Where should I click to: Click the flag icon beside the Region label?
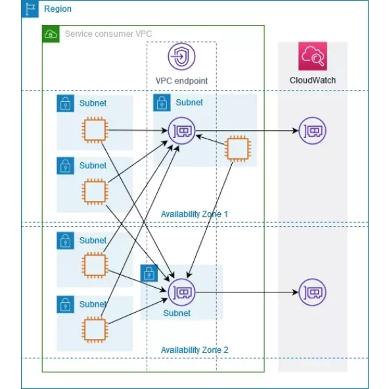30,9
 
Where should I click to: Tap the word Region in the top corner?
57,9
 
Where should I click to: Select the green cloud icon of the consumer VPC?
51,34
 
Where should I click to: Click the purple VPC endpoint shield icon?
181,57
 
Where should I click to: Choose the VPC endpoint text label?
181,81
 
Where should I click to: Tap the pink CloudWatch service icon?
313,57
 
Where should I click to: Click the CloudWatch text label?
313,80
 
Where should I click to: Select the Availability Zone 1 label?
194,214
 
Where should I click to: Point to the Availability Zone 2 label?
194,350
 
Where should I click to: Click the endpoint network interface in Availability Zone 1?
181,131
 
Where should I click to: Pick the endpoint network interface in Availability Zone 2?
182,292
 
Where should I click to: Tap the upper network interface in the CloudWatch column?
312,131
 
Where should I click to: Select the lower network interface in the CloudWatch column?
312,292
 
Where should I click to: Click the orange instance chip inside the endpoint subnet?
237,149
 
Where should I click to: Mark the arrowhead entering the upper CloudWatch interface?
295,131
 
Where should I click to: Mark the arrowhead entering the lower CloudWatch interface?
295,292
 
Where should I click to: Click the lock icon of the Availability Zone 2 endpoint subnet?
149,273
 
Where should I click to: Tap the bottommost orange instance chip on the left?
94,328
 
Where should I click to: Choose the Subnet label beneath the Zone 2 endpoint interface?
177,313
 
